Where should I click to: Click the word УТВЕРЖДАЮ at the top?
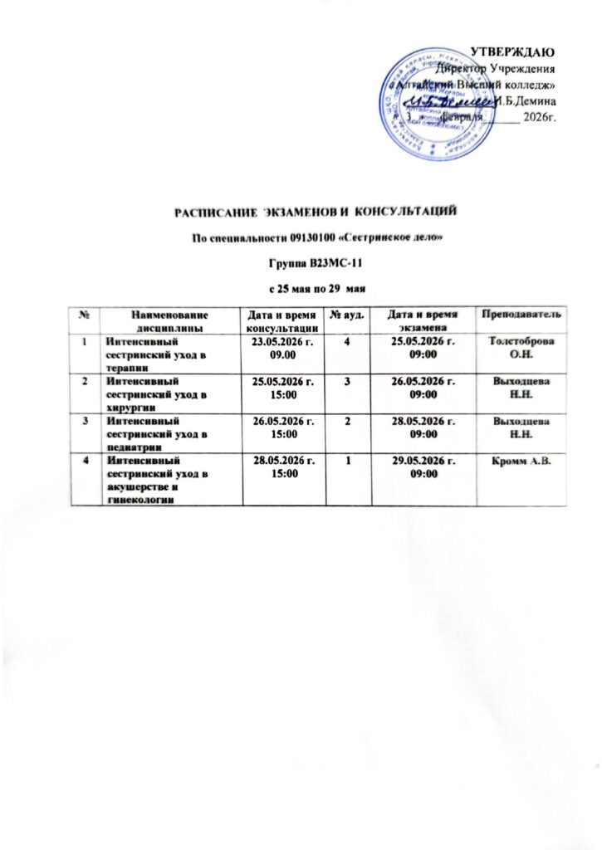coord(519,54)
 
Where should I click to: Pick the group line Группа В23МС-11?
coord(316,264)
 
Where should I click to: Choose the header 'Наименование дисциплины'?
coord(168,318)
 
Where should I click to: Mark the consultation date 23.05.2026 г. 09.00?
coord(279,348)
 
